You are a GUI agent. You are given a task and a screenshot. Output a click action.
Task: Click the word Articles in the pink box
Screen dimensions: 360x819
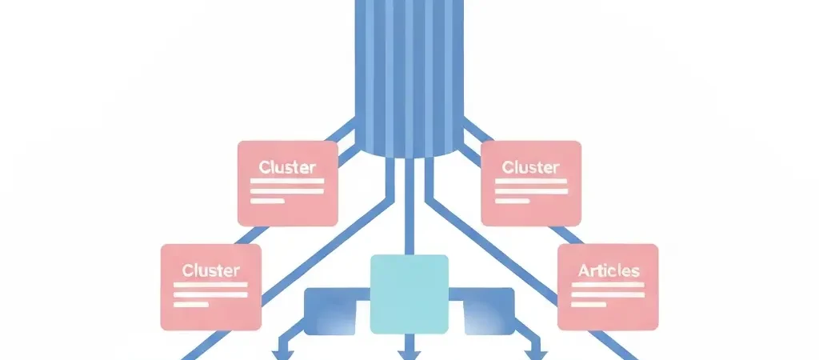coord(608,270)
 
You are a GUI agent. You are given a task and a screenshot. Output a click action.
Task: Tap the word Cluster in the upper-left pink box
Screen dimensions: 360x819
coord(287,167)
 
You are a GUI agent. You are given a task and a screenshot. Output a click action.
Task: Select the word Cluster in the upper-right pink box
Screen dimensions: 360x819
coord(530,167)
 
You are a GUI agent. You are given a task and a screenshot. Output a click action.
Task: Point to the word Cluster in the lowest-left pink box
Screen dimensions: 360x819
coord(210,270)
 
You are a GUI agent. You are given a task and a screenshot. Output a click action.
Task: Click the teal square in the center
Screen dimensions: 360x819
coord(409,294)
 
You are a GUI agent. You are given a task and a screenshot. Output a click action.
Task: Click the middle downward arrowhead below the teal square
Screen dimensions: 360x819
coord(409,354)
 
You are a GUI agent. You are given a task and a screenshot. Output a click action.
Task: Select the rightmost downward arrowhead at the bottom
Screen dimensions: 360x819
coord(535,354)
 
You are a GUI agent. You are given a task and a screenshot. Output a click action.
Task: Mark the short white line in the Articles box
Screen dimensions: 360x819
coord(591,304)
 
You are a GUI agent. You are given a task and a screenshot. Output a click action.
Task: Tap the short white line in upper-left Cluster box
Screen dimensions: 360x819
coord(267,201)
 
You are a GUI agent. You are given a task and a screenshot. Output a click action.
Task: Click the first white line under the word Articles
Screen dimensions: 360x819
coord(608,285)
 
